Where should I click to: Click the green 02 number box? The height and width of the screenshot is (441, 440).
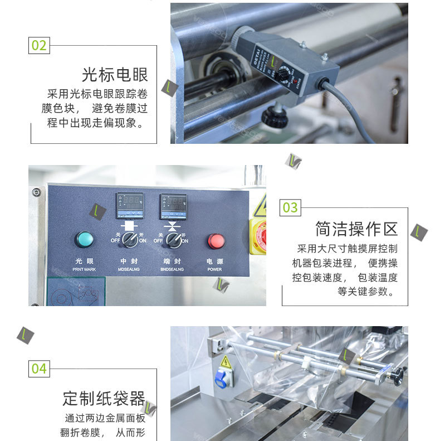(x=39, y=45)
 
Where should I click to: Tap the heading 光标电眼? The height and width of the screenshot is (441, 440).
(x=115, y=75)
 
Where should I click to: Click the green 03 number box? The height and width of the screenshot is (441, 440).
(x=290, y=208)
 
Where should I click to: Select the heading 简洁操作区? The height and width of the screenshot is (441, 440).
(x=356, y=229)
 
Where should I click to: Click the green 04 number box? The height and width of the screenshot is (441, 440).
(x=39, y=369)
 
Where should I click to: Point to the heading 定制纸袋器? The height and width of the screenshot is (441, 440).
(x=104, y=398)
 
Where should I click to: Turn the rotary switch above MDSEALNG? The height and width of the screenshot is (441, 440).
(x=129, y=240)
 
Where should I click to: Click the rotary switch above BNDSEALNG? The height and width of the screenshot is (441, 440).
(x=173, y=240)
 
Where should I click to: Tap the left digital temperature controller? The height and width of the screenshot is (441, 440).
(x=129, y=205)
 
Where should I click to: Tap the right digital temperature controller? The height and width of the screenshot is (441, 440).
(x=173, y=205)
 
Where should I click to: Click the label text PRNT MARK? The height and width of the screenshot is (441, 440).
(x=85, y=269)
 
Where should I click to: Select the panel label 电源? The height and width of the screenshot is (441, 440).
(x=214, y=261)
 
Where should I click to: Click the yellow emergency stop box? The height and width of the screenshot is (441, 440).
(x=258, y=236)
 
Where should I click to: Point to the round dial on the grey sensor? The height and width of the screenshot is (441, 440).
(x=285, y=74)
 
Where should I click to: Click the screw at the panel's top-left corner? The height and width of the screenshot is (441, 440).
(x=37, y=192)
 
